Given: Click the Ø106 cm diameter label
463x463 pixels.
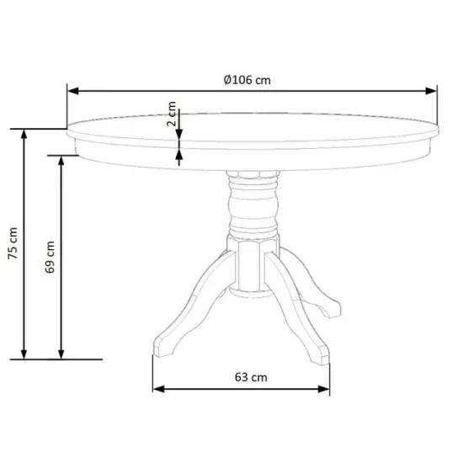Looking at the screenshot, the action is (247, 80).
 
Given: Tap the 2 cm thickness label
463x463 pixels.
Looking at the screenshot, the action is (171, 114).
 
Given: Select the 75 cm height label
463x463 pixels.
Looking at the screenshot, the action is (13, 243).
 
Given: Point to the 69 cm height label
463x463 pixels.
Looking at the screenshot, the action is (50, 257).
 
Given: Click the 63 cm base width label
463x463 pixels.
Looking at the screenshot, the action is (251, 377).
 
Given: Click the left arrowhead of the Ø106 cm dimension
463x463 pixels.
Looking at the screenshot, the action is (73, 91).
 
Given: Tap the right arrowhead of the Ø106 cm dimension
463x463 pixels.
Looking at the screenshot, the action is (431, 91).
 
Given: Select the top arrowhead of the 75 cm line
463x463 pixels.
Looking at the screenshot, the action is (24, 135).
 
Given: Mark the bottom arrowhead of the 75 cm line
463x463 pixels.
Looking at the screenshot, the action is (24, 354).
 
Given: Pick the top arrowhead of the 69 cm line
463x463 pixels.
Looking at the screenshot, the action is (61, 161).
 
